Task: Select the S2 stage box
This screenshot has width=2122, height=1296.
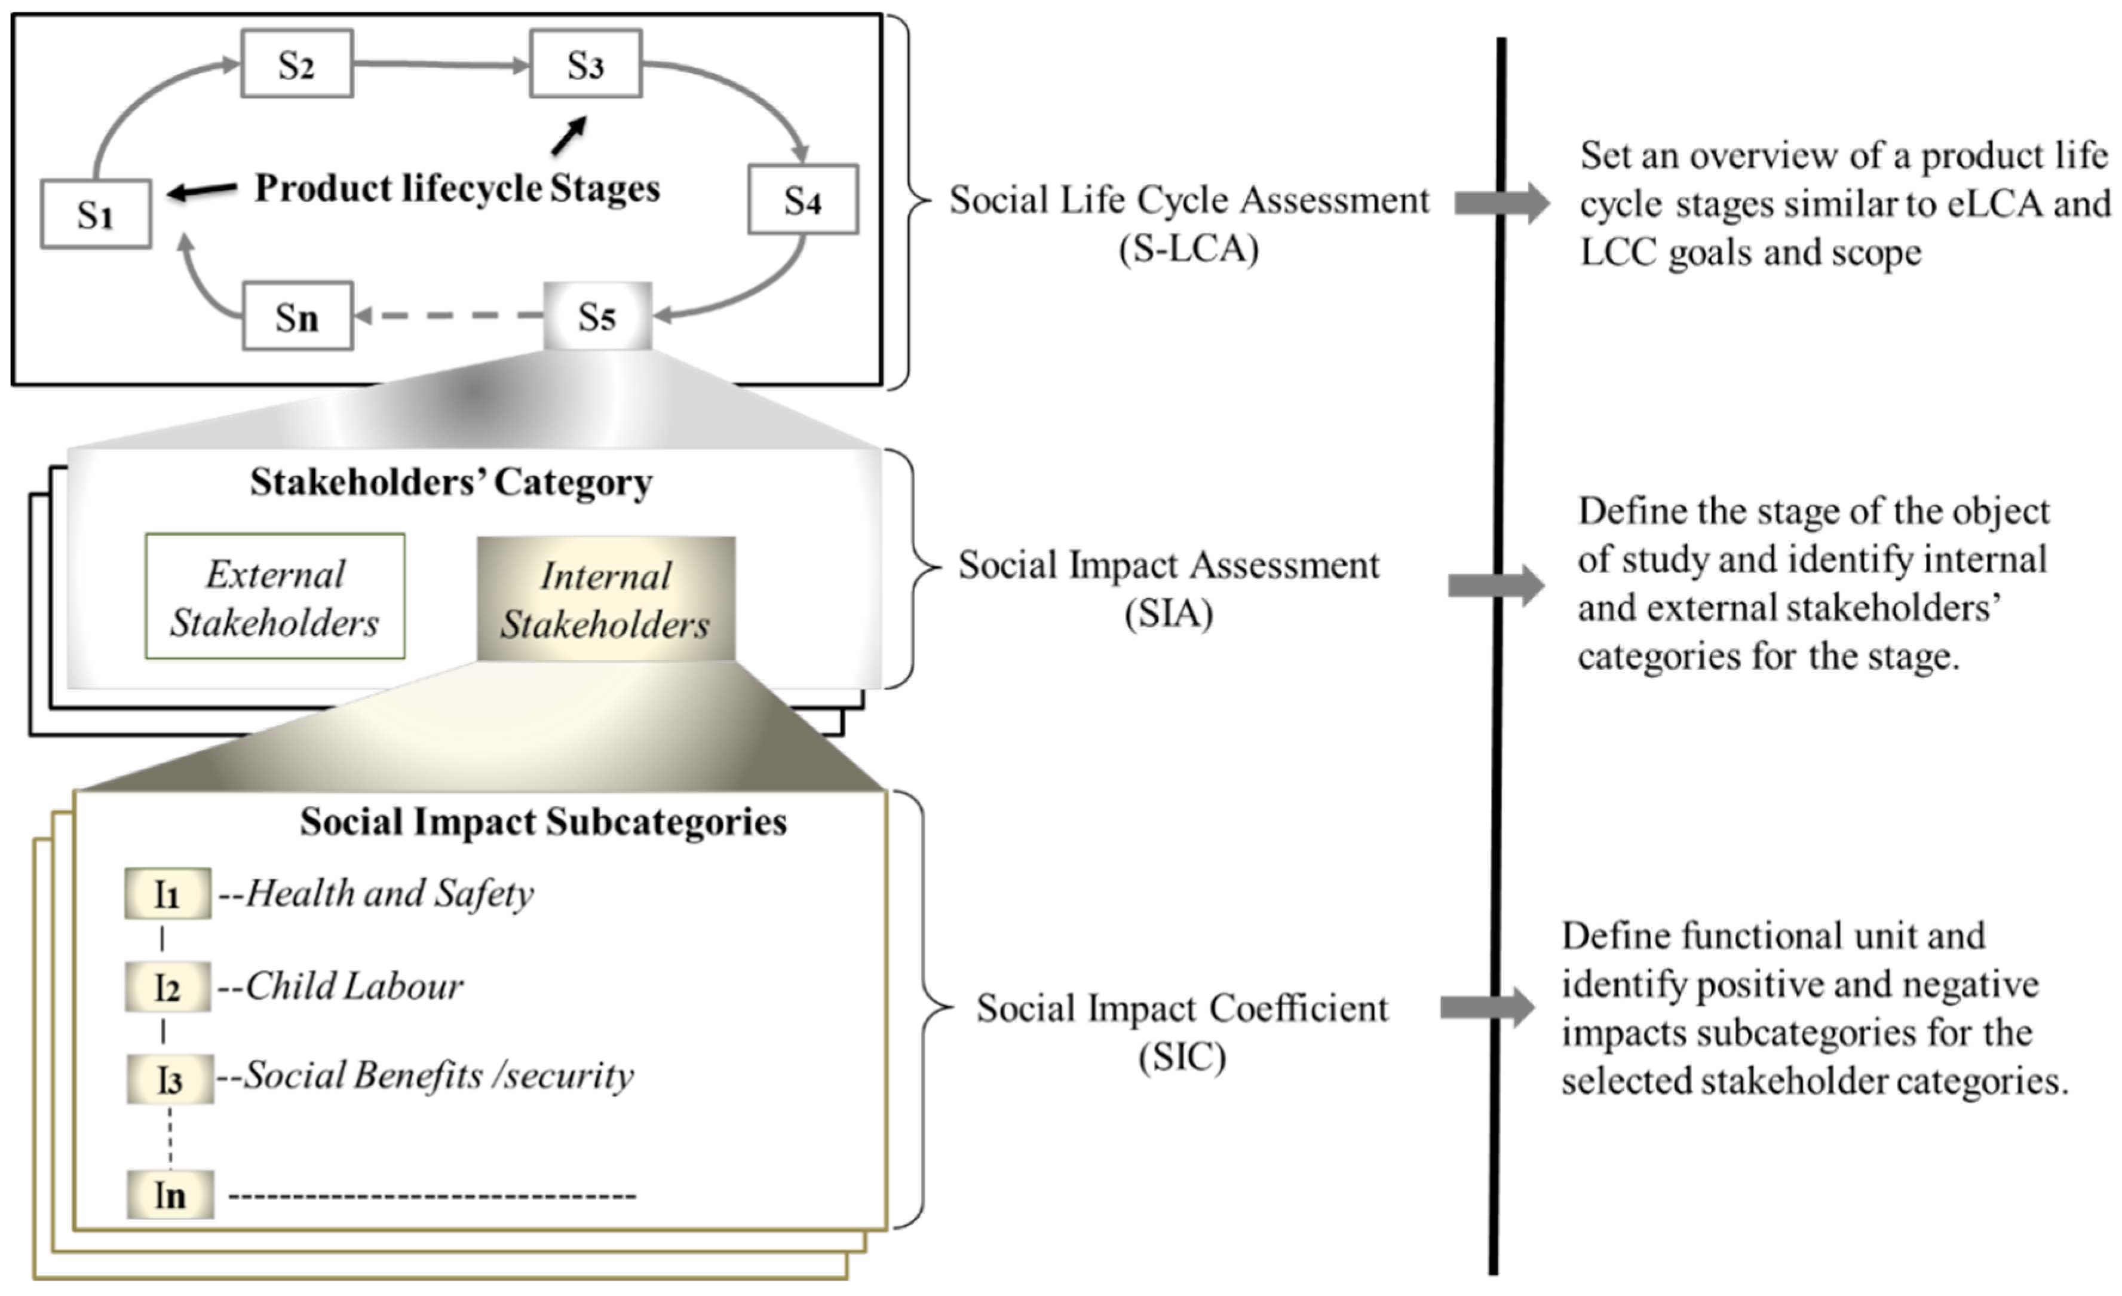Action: coord(296,64)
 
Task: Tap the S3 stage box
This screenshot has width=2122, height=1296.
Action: coord(585,64)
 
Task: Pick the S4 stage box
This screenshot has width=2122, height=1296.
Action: coord(803,200)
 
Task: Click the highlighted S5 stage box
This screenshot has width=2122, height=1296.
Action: coord(597,316)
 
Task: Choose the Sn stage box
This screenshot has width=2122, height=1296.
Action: coord(297,317)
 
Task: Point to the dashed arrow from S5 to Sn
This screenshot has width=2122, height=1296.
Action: coord(448,316)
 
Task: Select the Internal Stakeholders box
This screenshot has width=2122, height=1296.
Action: coord(605,599)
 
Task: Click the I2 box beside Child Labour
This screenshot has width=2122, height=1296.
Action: coord(167,988)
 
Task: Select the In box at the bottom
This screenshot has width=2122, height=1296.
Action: coord(170,1194)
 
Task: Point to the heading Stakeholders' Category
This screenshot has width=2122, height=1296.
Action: coord(450,482)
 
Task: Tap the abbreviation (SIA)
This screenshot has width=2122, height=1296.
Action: coord(1169,614)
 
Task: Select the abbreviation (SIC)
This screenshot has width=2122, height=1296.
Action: coord(1182,1056)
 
